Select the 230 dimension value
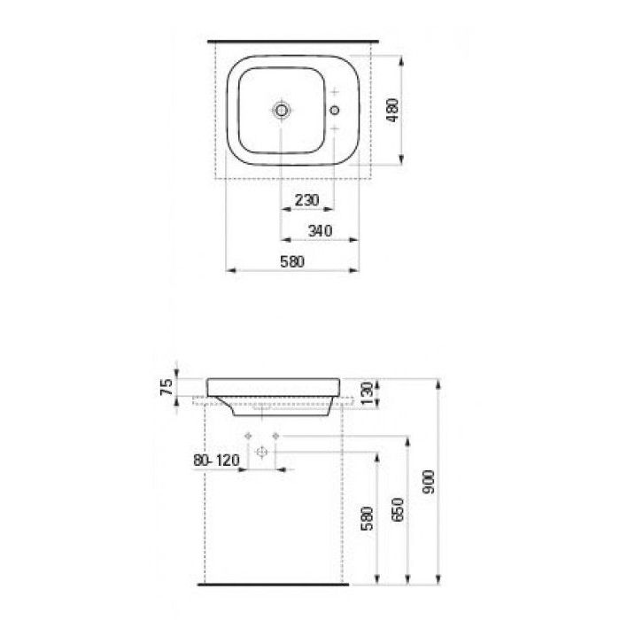(306, 200)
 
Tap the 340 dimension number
(320, 230)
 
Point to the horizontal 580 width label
(292, 261)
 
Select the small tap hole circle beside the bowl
(335, 111)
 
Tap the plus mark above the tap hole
(335, 93)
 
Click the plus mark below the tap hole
(335, 129)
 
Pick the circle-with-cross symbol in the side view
(262, 452)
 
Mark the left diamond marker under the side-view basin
(248, 436)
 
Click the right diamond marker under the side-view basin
(276, 436)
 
